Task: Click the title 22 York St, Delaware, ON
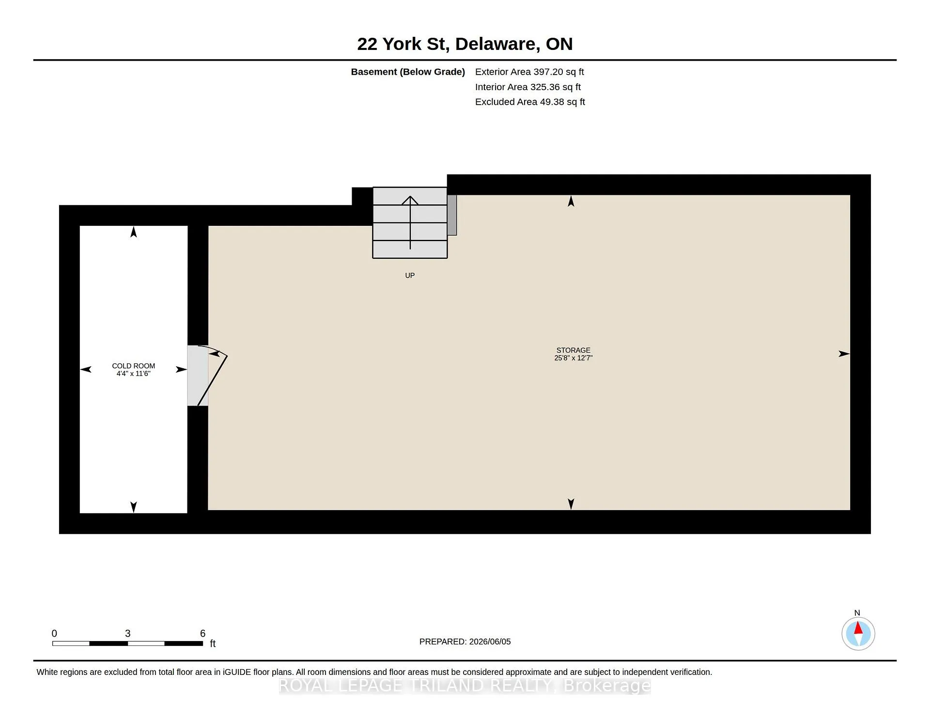click(x=465, y=44)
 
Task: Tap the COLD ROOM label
click(x=134, y=366)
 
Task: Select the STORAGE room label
click(x=573, y=350)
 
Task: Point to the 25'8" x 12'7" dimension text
click(x=573, y=358)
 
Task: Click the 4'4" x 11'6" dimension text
click(x=134, y=374)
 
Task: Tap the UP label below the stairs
click(x=410, y=275)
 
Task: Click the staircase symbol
click(x=410, y=223)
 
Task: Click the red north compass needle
click(x=858, y=628)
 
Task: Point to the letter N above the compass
click(x=857, y=613)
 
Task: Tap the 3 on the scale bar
click(x=128, y=633)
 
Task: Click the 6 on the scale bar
click(x=203, y=633)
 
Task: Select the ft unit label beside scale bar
click(x=213, y=643)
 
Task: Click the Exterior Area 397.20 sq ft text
click(x=529, y=72)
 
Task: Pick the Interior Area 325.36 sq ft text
click(x=528, y=87)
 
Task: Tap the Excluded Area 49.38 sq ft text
click(x=530, y=102)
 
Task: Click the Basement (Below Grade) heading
click(x=408, y=72)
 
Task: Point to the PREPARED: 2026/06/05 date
click(x=465, y=641)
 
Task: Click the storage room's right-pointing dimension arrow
click(x=844, y=354)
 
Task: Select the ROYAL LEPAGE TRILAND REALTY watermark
click(x=465, y=686)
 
